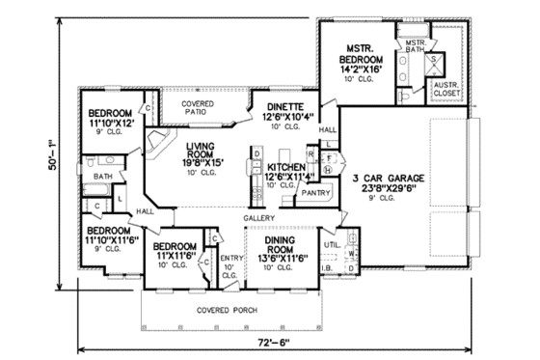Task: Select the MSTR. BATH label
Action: click(x=415, y=46)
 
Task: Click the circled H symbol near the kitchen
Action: click(x=327, y=170)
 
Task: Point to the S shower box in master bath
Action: click(x=433, y=58)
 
